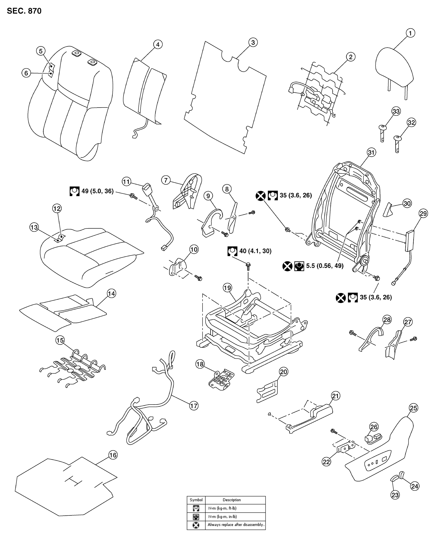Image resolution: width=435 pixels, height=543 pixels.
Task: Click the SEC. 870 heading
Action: tap(24, 11)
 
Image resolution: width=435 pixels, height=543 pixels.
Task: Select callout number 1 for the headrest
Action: tap(410, 33)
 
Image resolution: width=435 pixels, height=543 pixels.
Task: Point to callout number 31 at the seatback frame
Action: tap(371, 152)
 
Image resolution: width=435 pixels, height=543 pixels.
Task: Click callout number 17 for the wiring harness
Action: tap(194, 406)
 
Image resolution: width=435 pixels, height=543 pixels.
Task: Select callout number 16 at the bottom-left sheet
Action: tap(113, 455)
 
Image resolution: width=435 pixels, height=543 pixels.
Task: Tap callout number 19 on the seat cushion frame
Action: tap(227, 288)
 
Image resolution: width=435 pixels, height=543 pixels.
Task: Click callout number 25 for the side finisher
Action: tap(413, 408)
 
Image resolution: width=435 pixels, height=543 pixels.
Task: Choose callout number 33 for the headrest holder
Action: tap(396, 111)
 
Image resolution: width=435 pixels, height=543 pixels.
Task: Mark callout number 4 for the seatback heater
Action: tap(158, 45)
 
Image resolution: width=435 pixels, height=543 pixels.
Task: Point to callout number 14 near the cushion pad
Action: tap(111, 293)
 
